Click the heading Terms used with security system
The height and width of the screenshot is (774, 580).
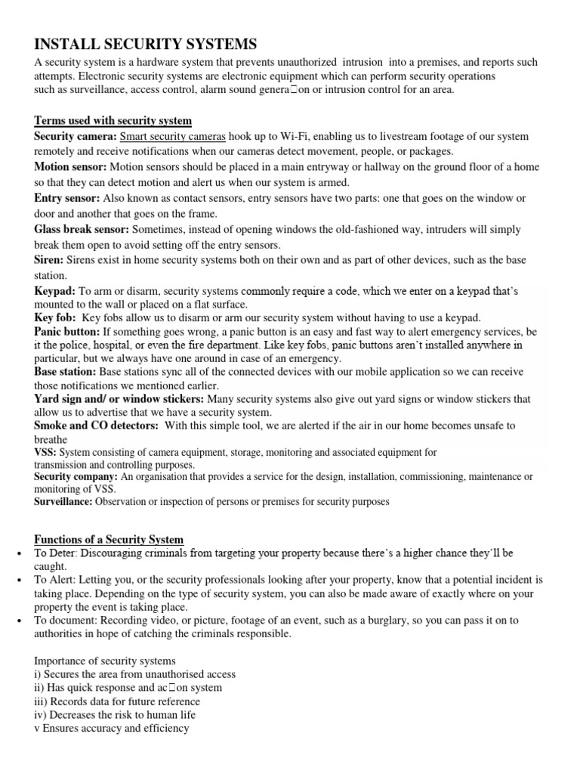113,121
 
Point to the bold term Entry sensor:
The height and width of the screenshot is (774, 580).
66,198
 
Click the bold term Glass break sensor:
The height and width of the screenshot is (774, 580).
81,229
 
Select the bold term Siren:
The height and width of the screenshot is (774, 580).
49,260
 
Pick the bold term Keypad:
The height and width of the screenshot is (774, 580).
54,291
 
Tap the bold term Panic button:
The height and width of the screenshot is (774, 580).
66,332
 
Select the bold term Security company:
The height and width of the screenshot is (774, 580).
76,477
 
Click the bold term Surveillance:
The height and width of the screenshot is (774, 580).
63,501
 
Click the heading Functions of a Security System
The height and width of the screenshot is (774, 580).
109,539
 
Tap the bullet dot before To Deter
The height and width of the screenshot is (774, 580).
17,553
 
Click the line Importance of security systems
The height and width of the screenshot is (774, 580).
104,661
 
